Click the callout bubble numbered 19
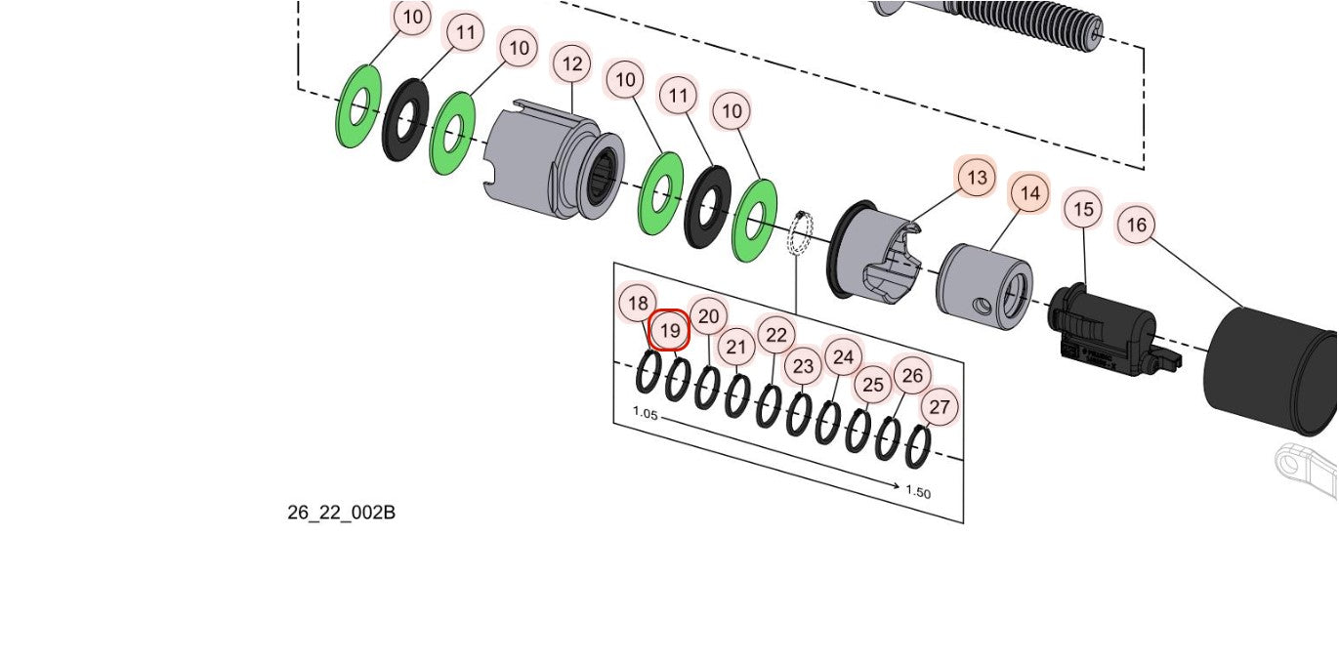click(x=670, y=331)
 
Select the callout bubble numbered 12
click(x=572, y=64)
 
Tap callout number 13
click(x=976, y=178)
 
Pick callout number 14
click(x=1029, y=194)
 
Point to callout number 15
click(x=1083, y=209)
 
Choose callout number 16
click(x=1136, y=226)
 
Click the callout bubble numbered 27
click(x=940, y=407)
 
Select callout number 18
click(x=638, y=304)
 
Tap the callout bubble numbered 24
click(x=844, y=357)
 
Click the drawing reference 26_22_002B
click(x=341, y=513)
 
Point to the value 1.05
click(x=646, y=413)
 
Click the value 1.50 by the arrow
click(x=918, y=491)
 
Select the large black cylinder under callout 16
click(x=1270, y=371)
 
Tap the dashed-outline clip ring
click(x=801, y=234)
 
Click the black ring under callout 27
click(x=918, y=446)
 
